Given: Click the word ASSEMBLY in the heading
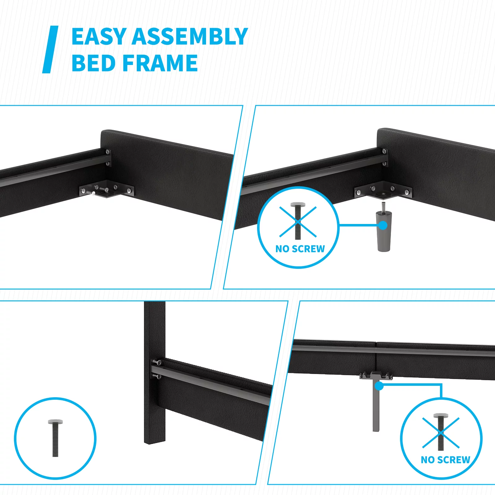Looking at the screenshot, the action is pos(190,37).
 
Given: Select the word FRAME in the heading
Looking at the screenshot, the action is pos(160,63).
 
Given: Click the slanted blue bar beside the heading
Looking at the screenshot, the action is pos(50,49).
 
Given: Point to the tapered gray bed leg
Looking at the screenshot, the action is pos(384,231).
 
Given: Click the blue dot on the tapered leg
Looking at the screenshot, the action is pos(383,225).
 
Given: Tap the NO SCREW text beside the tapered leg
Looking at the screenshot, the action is pos(300,249).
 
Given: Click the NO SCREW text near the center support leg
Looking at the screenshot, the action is pos(445,460).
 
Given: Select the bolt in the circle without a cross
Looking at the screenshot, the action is pos(55,438).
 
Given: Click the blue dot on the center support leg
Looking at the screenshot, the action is pos(379,386).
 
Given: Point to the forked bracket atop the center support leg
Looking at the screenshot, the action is pos(376,375).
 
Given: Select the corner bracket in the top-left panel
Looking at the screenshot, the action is pos(107,189).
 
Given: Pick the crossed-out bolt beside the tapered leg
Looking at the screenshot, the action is pos(298,221).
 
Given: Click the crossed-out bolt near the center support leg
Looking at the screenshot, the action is pos(441,432).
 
